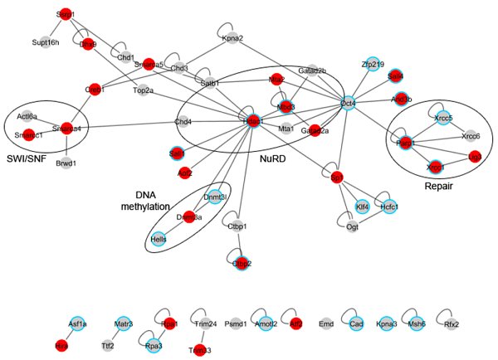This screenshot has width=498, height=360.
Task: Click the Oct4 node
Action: point(348,104)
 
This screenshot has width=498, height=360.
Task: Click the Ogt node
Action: point(351,226)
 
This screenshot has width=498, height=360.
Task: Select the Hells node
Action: point(159,239)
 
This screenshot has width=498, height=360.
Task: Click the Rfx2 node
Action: point(474,325)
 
